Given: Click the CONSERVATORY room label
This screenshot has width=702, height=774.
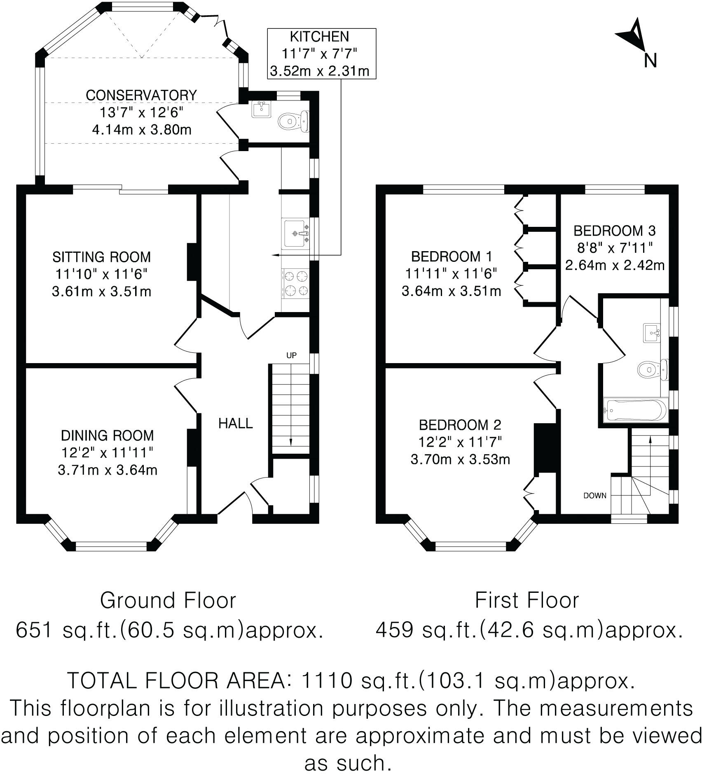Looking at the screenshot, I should [x=141, y=95].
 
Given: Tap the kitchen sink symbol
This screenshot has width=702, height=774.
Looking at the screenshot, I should [x=295, y=234].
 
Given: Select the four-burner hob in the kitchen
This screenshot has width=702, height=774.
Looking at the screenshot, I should [x=295, y=283].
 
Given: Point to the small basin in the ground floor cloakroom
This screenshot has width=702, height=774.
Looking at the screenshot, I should [x=260, y=109].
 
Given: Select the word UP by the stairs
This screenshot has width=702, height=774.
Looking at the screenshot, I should [x=291, y=355].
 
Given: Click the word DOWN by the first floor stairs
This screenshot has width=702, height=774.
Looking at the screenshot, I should [x=595, y=495].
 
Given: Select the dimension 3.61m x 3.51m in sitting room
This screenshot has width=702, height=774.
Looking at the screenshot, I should [x=101, y=291].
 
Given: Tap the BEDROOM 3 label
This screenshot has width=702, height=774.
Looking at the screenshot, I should [x=614, y=230].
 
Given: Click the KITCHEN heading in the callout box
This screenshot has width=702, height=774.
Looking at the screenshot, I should [x=319, y=37].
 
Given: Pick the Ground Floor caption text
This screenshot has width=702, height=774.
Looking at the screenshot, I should [x=168, y=600].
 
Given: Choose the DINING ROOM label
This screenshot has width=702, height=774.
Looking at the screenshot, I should [x=107, y=435].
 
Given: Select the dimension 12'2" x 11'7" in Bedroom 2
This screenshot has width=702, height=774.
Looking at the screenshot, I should [x=460, y=442].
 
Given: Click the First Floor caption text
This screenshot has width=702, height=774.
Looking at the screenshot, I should [x=526, y=600].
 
